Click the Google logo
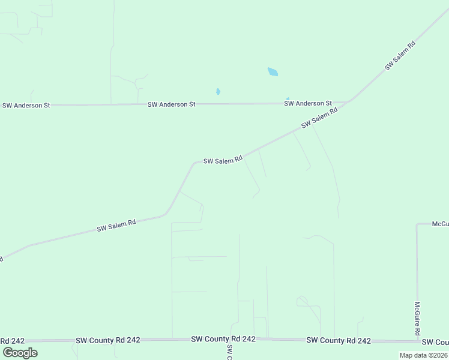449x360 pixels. (x=20, y=352)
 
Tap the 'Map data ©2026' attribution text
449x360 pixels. (x=423, y=355)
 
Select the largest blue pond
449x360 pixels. (x=273, y=72)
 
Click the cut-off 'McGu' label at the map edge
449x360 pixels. (x=440, y=224)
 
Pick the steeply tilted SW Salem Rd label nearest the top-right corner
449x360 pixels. (x=400, y=56)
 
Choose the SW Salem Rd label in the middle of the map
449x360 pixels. (x=223, y=160)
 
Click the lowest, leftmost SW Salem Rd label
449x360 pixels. (x=116, y=226)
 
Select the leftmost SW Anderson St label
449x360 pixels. (x=26, y=106)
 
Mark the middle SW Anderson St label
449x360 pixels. (x=172, y=104)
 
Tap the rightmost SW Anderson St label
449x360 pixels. (x=308, y=103)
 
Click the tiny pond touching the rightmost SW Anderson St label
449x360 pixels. (x=288, y=98)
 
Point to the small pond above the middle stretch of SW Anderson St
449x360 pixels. (x=218, y=92)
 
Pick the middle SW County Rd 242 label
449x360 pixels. (x=223, y=339)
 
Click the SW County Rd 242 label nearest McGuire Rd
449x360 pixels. (x=339, y=340)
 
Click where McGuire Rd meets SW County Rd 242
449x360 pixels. (x=417, y=341)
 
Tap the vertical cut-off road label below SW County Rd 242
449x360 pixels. (x=229, y=352)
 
